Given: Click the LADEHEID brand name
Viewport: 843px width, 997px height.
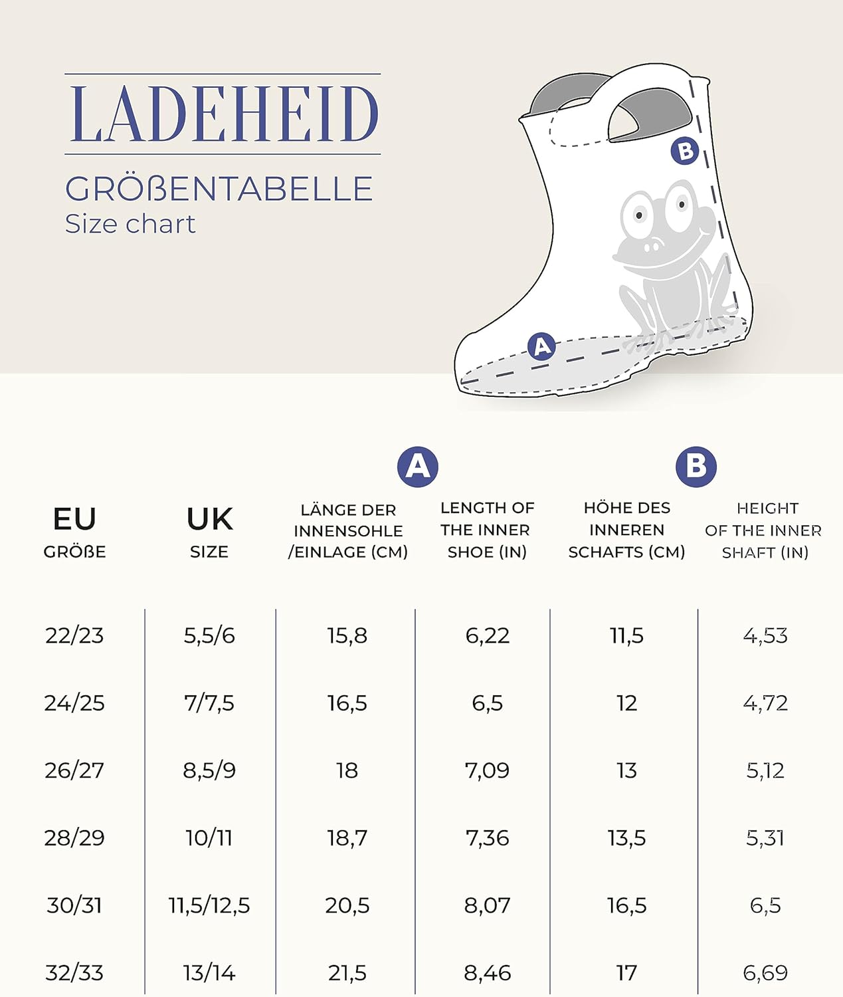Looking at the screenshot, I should coord(223,114).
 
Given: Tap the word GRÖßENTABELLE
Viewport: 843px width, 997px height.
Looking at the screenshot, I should coord(219,189).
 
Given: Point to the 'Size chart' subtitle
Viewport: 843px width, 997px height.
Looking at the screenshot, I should coord(130,224).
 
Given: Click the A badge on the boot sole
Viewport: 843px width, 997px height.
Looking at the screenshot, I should coord(541,346).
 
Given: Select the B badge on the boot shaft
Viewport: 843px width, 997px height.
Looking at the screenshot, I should coord(685,152).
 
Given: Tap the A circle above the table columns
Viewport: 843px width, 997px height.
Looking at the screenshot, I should coord(417,467).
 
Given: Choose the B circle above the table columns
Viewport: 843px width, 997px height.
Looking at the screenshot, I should coord(696,467).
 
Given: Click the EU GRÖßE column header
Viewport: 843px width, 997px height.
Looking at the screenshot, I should coord(74,530).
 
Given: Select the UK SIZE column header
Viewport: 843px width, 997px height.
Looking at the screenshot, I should coord(209,530).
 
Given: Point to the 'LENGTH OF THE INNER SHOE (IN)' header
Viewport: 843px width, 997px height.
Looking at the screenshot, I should coord(487,530).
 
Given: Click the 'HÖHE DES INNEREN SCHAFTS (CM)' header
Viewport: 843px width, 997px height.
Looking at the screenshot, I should coord(626,530).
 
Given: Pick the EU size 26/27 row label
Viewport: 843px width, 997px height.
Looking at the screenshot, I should coord(74,770).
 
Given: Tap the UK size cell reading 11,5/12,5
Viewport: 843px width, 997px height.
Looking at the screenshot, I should coord(209,905).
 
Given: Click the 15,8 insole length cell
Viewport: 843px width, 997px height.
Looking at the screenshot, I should coord(347,636).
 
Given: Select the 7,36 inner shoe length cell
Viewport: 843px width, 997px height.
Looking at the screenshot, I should coord(487,838).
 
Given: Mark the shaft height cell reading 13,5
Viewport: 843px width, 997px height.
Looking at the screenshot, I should coord(626,838).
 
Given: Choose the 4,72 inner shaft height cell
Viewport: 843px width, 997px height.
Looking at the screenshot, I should coord(765,703).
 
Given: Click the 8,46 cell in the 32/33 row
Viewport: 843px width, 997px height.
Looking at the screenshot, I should coord(487,973).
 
